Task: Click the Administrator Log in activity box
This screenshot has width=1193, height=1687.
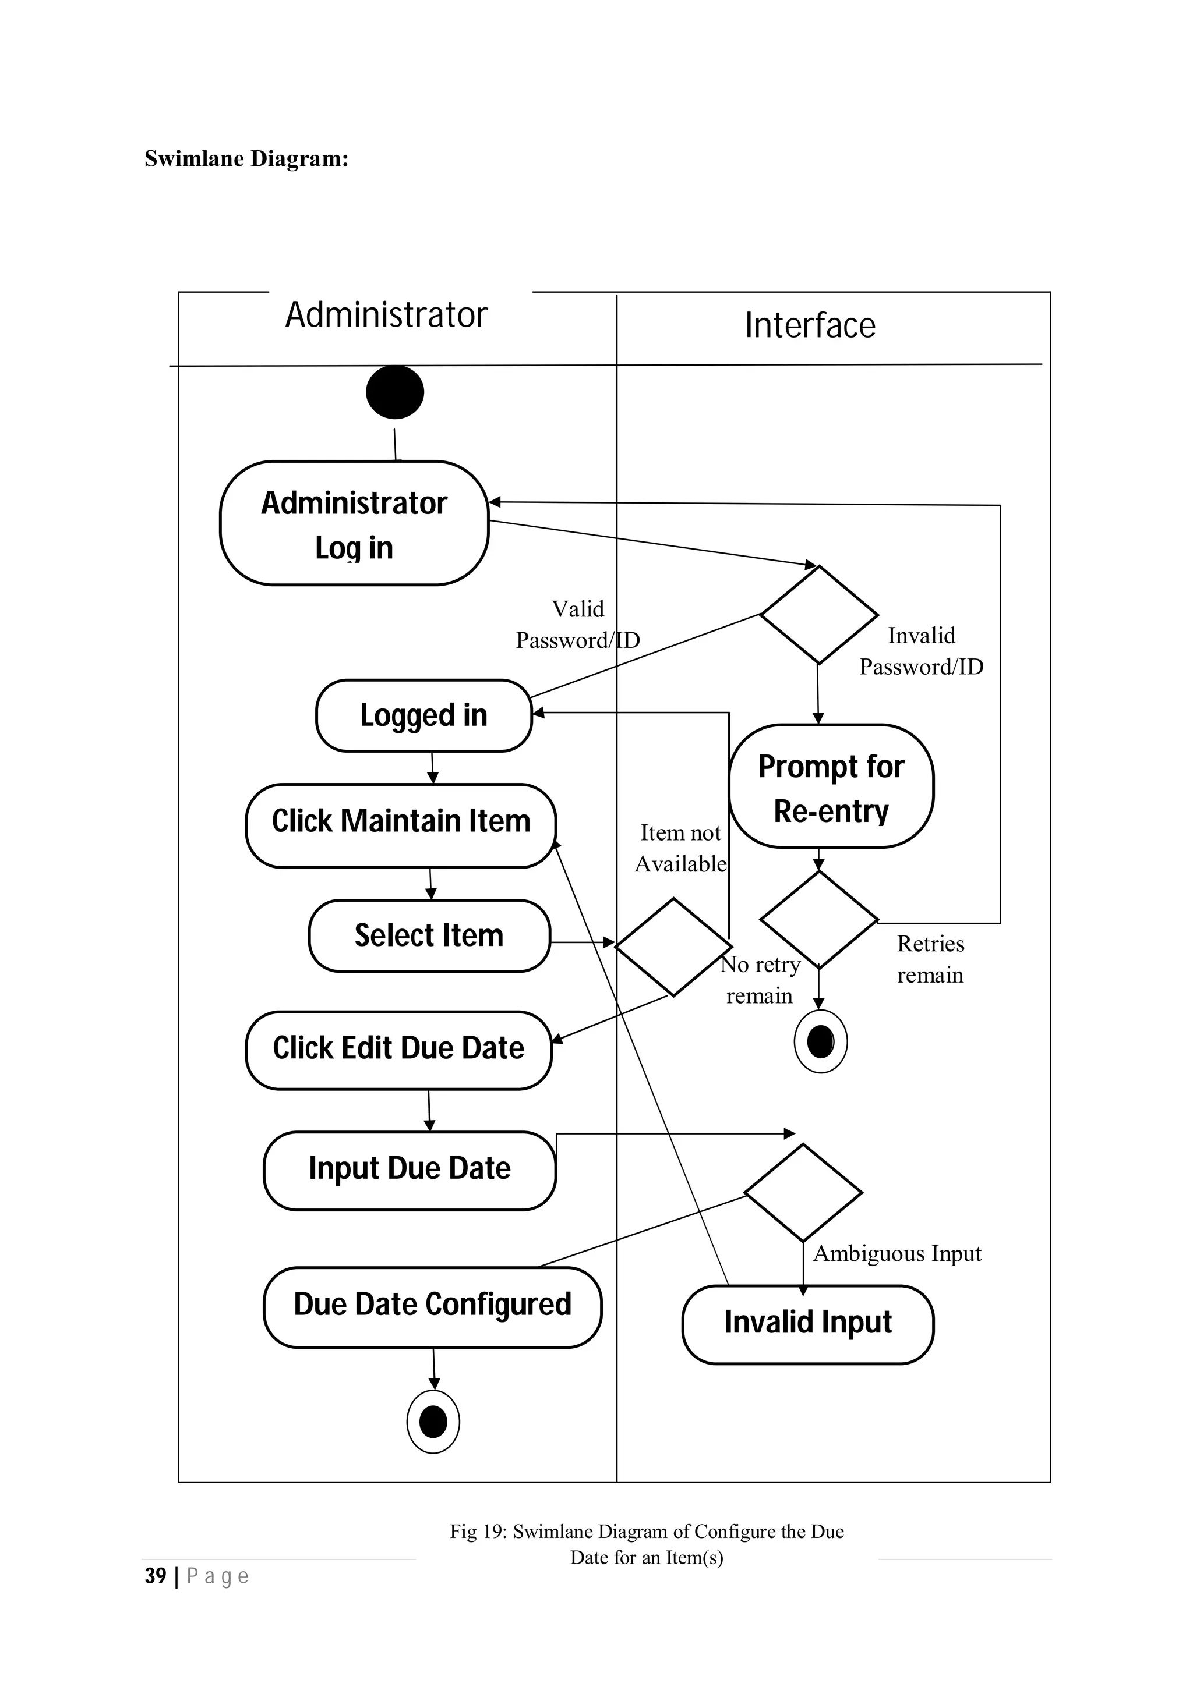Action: click(x=354, y=523)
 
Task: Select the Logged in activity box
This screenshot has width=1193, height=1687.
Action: click(x=423, y=715)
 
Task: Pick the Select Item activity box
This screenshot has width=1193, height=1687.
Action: click(x=429, y=935)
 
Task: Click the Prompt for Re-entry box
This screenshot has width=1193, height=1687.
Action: click(x=831, y=787)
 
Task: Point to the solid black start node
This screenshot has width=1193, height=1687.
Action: click(x=395, y=392)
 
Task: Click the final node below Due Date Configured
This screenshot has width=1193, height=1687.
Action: click(x=433, y=1422)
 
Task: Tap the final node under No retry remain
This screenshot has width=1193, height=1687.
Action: click(x=820, y=1041)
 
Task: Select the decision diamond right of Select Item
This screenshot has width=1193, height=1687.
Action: click(x=673, y=947)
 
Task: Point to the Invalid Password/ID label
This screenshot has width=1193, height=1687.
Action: click(x=921, y=651)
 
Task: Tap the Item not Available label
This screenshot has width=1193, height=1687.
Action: click(x=680, y=848)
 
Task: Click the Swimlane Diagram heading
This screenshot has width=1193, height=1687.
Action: click(x=246, y=158)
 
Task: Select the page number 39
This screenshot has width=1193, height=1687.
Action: click(x=155, y=1575)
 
